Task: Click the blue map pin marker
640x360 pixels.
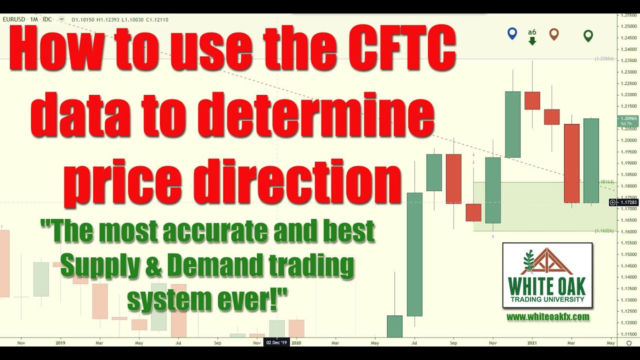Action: tap(511, 33)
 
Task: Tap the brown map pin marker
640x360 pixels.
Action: tap(553, 34)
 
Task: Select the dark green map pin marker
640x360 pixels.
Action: tap(588, 35)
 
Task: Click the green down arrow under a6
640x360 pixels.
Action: tap(532, 41)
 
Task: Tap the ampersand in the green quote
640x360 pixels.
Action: tap(154, 265)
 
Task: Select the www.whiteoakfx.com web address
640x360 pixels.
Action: tap(547, 317)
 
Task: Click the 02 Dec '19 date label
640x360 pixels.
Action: tap(276, 343)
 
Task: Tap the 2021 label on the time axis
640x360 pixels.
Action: tap(532, 343)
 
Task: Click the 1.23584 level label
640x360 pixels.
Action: tap(603, 59)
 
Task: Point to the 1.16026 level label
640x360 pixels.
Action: tap(603, 231)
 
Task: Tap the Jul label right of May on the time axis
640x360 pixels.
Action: tap(414, 343)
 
